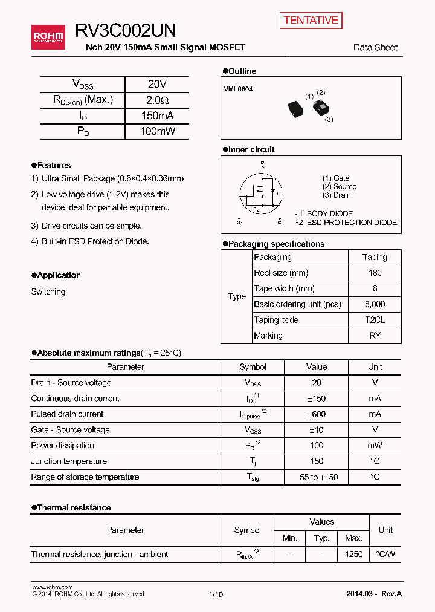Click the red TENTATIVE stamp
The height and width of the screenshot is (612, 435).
(311, 21)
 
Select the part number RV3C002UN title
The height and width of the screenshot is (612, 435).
(126, 31)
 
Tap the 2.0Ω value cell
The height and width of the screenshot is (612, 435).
(157, 100)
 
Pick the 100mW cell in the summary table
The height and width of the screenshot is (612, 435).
(157, 131)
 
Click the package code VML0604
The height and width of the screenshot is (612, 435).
(239, 89)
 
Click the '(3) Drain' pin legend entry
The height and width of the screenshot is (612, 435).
(337, 195)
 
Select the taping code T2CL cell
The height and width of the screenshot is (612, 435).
(375, 320)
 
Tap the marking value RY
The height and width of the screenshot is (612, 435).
(375, 336)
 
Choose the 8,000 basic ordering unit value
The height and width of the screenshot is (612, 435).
(375, 304)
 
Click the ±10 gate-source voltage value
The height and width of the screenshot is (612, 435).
(316, 430)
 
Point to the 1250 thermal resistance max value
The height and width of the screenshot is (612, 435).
(353, 554)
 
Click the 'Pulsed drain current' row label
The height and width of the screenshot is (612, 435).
(67, 414)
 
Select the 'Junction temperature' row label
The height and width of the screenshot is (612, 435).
(69, 461)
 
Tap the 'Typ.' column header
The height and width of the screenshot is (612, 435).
(321, 538)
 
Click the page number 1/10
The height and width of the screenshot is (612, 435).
(216, 594)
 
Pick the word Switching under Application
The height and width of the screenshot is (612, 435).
(48, 291)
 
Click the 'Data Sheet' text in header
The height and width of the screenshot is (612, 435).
(375, 47)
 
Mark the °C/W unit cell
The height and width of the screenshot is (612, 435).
(385, 554)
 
